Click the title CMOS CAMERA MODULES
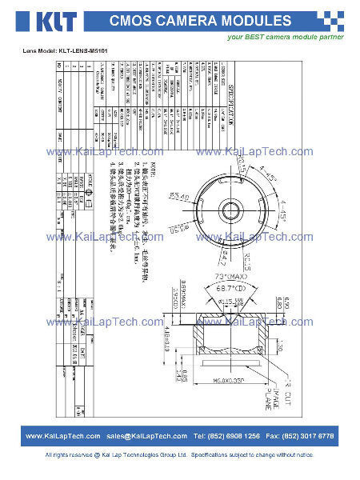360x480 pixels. tap(199, 20)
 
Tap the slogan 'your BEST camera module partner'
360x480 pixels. tap(286, 37)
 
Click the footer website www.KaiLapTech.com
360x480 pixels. tap(62, 436)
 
